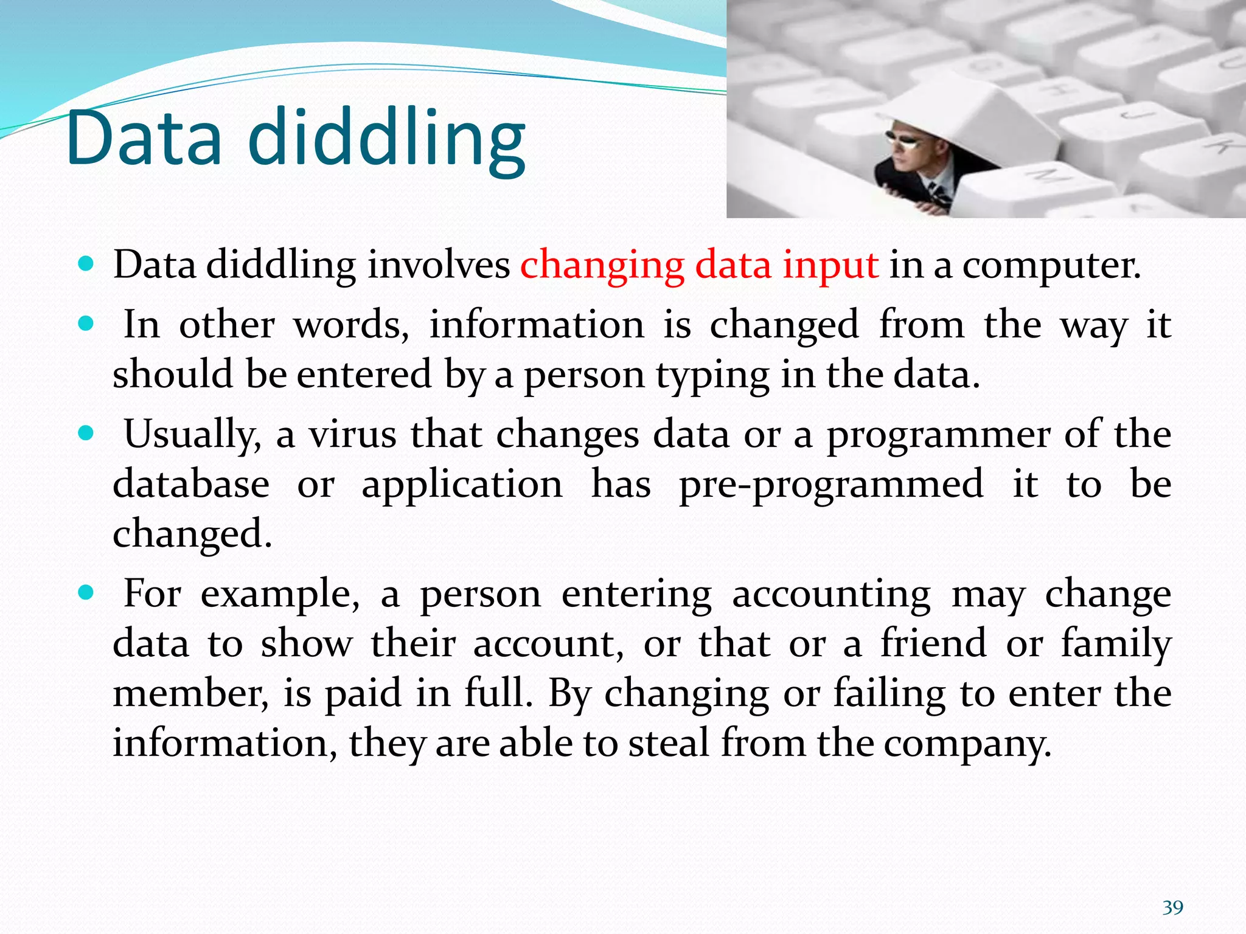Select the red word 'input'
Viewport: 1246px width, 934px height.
tap(830, 265)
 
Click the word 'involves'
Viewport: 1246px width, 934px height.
tap(439, 265)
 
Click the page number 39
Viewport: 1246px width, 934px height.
tap(1172, 908)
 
